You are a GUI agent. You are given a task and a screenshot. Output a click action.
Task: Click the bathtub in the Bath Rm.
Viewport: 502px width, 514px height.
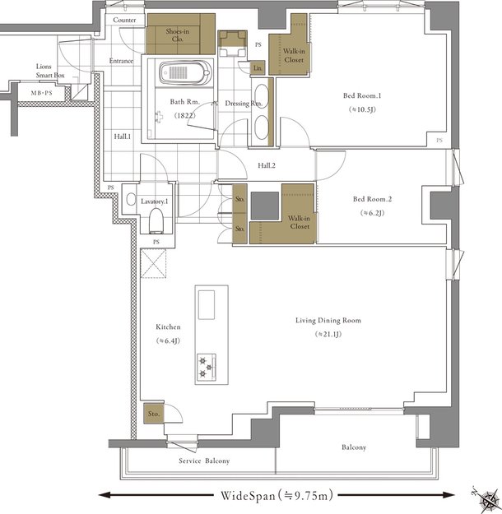point(185,72)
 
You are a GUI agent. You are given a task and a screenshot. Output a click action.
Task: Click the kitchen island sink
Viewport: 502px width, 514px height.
point(207,304)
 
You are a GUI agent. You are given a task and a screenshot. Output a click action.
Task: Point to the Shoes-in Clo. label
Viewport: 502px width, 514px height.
point(178,35)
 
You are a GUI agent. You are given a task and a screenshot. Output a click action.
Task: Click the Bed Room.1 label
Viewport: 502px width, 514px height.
point(362,95)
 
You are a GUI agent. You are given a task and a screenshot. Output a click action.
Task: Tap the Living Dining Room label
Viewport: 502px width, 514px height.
point(328,320)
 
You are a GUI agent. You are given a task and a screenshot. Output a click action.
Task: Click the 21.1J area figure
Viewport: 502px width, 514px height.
point(328,335)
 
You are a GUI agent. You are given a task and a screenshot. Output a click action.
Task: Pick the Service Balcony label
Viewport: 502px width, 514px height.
point(204,461)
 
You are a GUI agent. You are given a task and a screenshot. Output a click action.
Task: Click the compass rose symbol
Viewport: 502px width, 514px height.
point(488,499)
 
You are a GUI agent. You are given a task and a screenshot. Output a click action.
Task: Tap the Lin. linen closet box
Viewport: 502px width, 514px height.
point(258,68)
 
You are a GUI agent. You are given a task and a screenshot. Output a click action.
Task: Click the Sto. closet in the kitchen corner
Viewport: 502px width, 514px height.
point(154,414)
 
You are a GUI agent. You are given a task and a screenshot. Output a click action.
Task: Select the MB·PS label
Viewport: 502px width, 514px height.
point(42,93)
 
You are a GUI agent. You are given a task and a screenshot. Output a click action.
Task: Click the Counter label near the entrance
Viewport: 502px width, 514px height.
point(124,20)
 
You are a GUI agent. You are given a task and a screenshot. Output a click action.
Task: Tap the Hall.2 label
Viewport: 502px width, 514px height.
point(267,165)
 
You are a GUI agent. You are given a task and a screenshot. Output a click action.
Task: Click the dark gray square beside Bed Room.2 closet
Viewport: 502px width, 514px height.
point(265,206)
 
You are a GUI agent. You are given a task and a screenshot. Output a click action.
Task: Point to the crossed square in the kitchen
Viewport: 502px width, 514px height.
point(153,263)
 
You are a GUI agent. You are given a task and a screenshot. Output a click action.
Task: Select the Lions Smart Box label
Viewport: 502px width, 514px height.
point(50,71)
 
